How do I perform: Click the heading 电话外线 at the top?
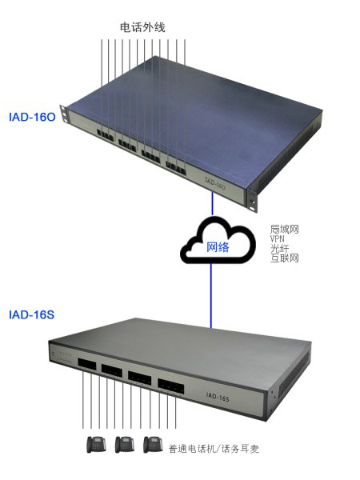[x=142, y=27]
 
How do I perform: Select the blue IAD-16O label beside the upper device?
[x=32, y=117]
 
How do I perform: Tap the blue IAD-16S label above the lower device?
[x=31, y=314]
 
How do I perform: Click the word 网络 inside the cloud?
[x=218, y=246]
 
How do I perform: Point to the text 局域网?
[x=284, y=229]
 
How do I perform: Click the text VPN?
[x=278, y=238]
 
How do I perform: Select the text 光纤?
[x=279, y=248]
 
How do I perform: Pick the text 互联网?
[x=284, y=258]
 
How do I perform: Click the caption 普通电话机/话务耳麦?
[x=214, y=449]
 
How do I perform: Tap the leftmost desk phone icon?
[x=96, y=445]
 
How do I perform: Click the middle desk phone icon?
[x=125, y=445]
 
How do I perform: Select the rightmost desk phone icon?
[x=153, y=445]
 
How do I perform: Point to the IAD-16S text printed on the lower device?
[x=218, y=397]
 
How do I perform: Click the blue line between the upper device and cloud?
[x=213, y=204]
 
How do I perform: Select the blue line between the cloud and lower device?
[x=210, y=295]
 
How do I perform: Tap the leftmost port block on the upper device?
[x=105, y=135]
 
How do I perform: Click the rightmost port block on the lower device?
[x=171, y=386]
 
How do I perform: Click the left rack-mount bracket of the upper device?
[x=64, y=114]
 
